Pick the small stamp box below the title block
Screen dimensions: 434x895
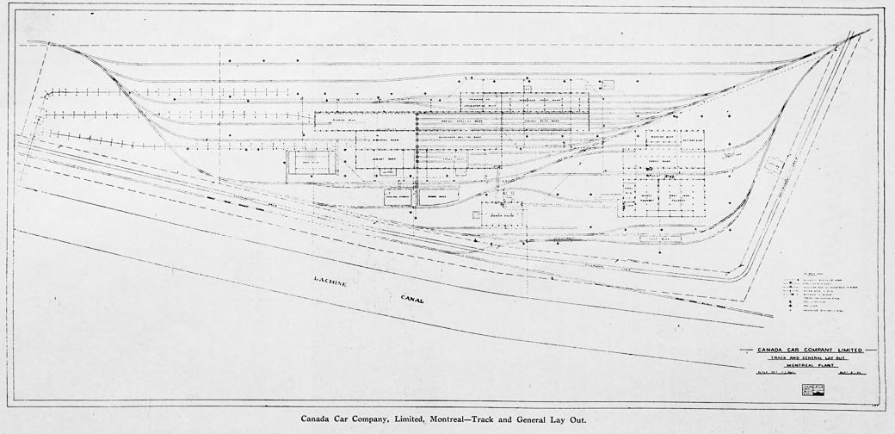[802, 387]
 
